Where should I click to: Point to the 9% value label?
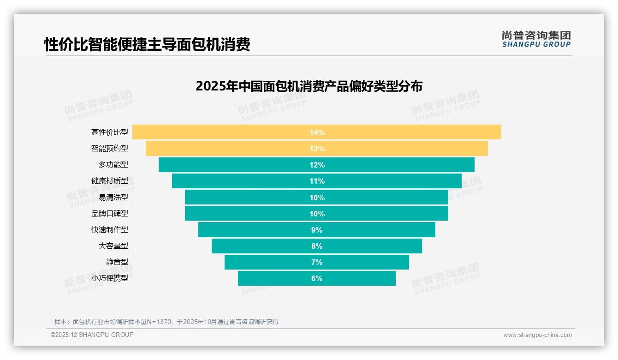(317, 230)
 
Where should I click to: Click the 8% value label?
(317, 246)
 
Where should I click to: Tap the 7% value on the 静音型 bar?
(317, 262)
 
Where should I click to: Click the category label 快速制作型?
(110, 230)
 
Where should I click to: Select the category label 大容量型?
(113, 246)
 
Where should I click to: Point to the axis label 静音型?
(117, 262)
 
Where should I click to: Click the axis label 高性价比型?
(110, 132)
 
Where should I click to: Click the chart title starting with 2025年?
(309, 86)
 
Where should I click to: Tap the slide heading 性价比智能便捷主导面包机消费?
(147, 44)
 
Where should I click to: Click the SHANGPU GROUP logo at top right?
(536, 39)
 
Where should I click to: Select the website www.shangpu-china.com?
(537, 335)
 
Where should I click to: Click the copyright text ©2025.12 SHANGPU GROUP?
(92, 335)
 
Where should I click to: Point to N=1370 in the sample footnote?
(159, 322)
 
